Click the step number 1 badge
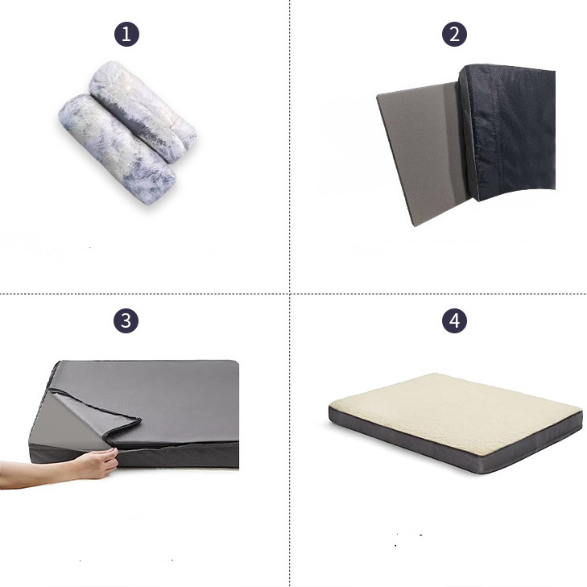pos(126,35)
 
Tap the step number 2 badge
pos(454,35)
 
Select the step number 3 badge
pos(126,320)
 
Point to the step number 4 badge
pos(454,320)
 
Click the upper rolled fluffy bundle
pos(143,112)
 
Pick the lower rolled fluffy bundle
pos(117,149)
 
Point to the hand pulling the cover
pos(98,464)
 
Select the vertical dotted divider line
pos(290,293)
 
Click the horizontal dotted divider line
pos(293,294)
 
